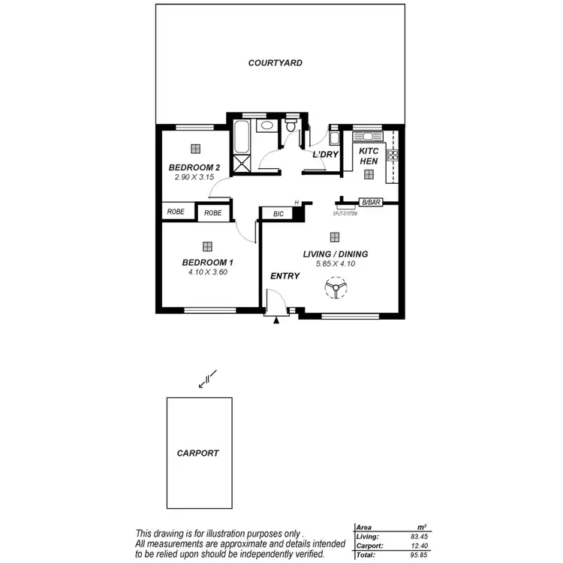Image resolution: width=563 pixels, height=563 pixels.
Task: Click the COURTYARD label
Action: tap(275, 63)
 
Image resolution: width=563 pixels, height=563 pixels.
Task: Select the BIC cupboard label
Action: tap(278, 214)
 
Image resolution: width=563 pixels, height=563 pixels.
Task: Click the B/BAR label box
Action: tap(370, 203)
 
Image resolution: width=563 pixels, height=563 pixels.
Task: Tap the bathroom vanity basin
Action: tap(266, 126)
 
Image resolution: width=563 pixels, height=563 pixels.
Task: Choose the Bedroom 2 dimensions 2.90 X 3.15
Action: tap(194, 177)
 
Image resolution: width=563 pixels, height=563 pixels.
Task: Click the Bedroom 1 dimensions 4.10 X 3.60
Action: tap(208, 272)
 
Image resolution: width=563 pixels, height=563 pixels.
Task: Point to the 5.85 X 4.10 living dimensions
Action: tap(335, 264)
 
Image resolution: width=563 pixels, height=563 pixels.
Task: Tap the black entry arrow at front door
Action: tap(277, 321)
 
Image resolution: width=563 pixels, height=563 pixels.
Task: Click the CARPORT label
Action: tap(197, 453)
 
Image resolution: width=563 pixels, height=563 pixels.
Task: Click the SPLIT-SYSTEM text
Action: tap(345, 213)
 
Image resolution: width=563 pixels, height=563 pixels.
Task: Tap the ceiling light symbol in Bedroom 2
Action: tap(195, 149)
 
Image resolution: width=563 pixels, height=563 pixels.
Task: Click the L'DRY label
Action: tap(326, 155)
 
